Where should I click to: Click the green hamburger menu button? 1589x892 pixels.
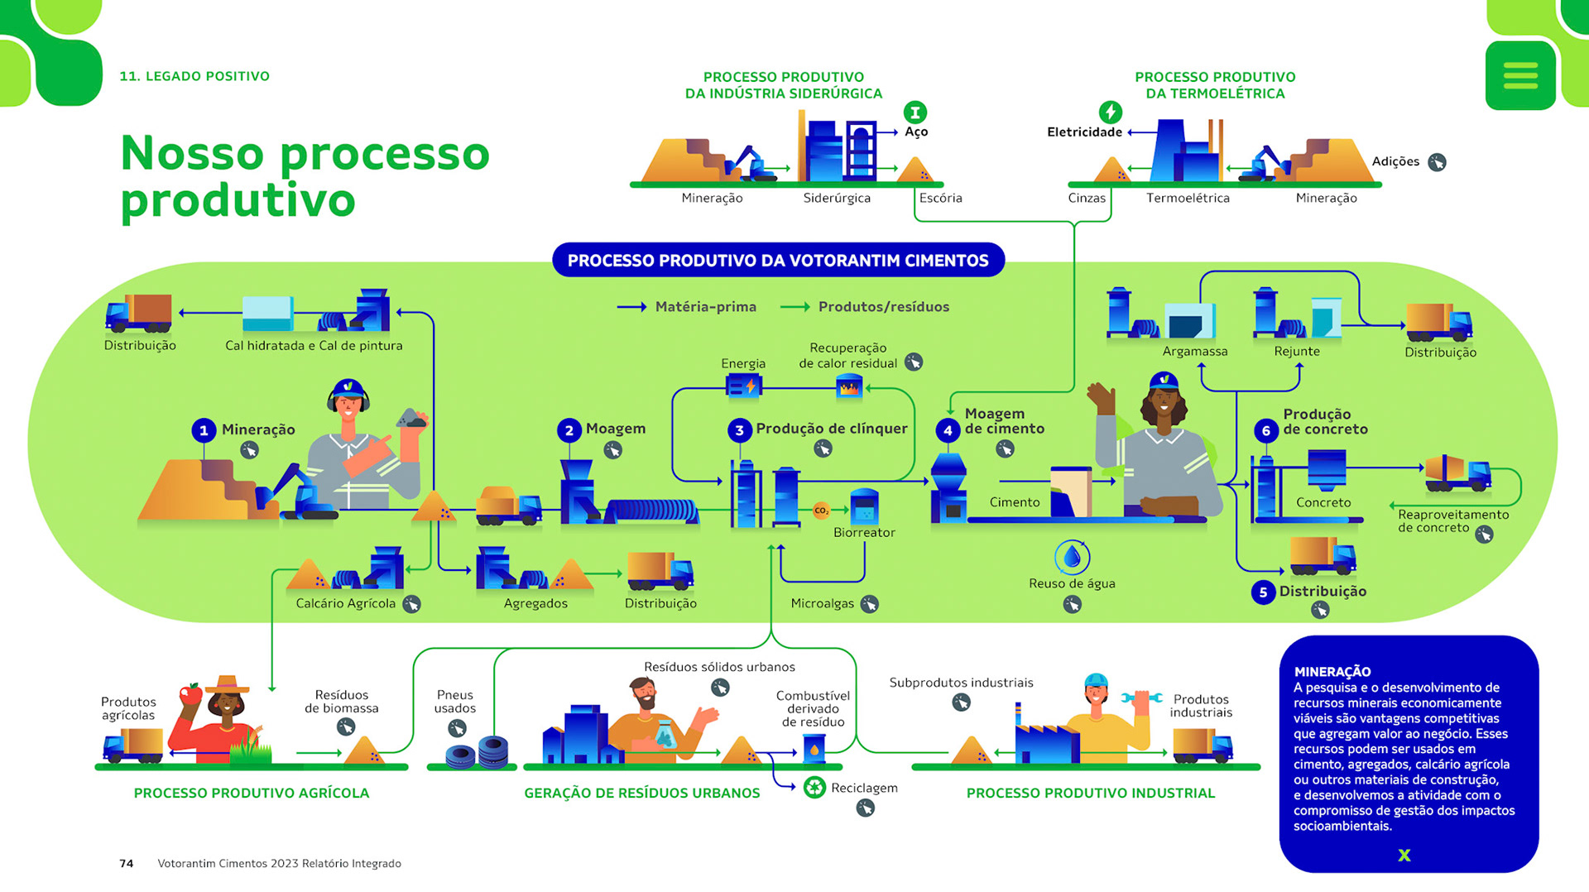coord(1520,75)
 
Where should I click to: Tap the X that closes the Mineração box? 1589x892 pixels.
coord(1404,855)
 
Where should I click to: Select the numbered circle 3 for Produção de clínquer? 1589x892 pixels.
coord(739,430)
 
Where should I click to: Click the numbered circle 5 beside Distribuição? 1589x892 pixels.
coord(1263,592)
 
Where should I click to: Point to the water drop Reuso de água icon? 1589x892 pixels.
coord(1072,557)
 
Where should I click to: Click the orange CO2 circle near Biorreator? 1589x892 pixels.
coord(821,511)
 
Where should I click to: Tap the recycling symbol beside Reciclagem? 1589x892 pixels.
coord(814,787)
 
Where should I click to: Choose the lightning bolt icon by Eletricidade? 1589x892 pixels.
coord(1110,112)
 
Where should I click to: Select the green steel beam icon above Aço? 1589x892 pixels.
coord(915,112)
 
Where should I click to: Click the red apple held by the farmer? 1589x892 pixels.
coord(191,693)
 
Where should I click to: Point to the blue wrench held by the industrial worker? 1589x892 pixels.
coord(1141,698)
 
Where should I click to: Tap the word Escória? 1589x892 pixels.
coord(940,199)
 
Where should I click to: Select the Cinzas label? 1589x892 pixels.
coord(1086,199)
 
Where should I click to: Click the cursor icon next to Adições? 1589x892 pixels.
coord(1437,162)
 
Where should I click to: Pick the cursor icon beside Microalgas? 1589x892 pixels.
coord(869,604)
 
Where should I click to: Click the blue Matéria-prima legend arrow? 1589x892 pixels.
coord(631,307)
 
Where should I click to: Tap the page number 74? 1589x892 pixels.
coord(126,863)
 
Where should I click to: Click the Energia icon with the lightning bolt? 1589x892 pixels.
coord(742,386)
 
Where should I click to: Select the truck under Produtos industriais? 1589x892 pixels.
coord(1202,745)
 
